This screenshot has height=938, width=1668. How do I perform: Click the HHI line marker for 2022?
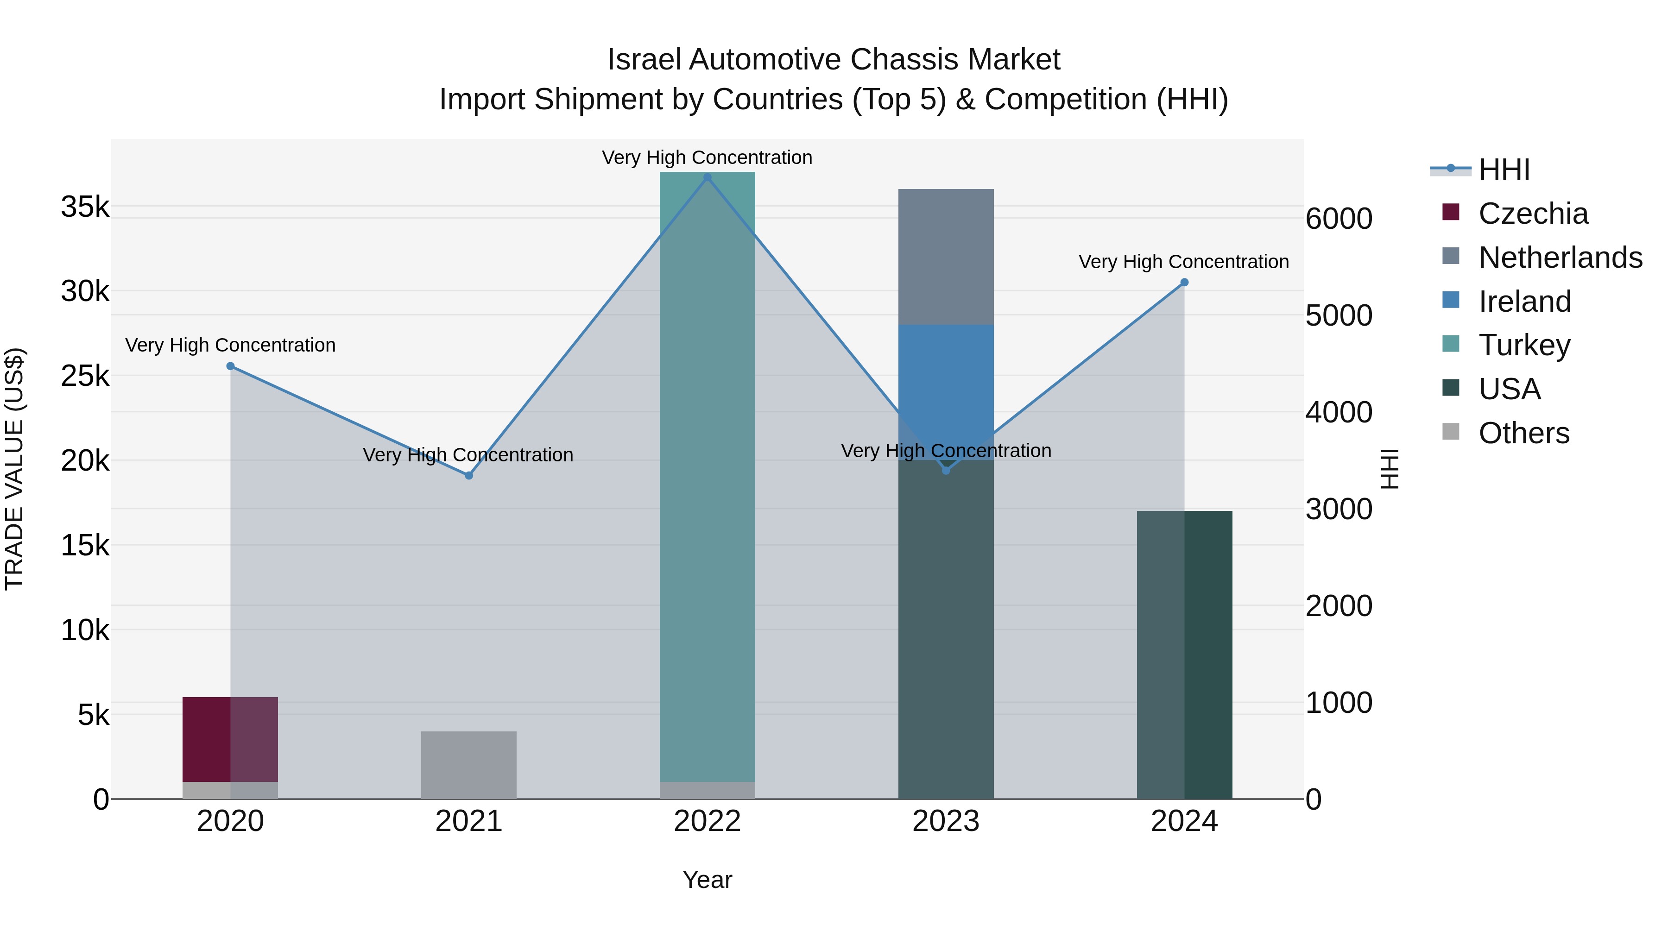tap(707, 177)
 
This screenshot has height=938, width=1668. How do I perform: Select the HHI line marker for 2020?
tap(231, 366)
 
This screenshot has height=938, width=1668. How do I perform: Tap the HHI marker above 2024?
tap(1184, 282)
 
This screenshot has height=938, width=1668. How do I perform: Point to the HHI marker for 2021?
tap(469, 476)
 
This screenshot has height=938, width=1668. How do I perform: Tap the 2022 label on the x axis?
tap(707, 821)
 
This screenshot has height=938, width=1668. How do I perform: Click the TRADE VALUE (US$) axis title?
tap(14, 469)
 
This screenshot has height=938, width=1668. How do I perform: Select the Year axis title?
tap(707, 880)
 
